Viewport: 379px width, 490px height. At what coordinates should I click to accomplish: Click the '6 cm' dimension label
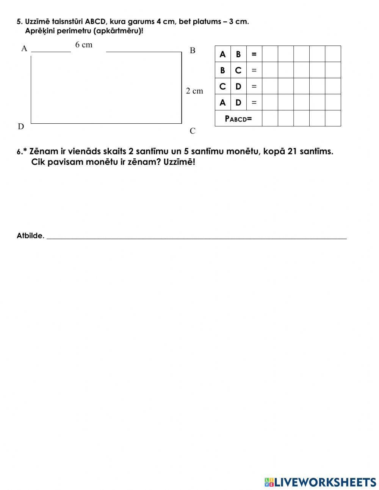click(x=84, y=45)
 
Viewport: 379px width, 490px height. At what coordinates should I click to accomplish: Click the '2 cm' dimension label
click(x=194, y=91)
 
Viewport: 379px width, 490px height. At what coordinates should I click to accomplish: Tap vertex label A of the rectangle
click(x=24, y=49)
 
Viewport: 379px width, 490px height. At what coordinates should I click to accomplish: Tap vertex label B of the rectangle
click(x=193, y=50)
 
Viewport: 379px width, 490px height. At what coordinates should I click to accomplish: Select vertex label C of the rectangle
click(x=193, y=131)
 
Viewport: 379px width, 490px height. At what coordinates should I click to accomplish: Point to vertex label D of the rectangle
click(x=21, y=127)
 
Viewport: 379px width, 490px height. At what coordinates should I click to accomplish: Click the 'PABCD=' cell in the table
click(x=238, y=118)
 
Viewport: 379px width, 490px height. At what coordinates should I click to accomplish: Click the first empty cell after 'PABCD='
click(x=270, y=118)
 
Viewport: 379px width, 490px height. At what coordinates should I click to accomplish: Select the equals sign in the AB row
click(x=254, y=54)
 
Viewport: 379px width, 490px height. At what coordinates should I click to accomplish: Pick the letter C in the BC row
click(x=238, y=71)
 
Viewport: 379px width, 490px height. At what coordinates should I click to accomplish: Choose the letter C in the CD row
click(x=222, y=87)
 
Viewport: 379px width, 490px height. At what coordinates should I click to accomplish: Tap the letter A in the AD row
click(x=222, y=102)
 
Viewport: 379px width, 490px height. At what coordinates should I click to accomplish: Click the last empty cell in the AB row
click(x=333, y=54)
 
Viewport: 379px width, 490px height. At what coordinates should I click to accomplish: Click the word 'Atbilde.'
click(x=30, y=236)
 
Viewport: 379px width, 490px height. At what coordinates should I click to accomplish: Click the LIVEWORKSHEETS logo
click(x=320, y=482)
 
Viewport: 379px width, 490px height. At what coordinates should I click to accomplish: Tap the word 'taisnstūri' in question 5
click(x=67, y=22)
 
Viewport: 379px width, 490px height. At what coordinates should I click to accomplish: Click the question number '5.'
click(x=19, y=22)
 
